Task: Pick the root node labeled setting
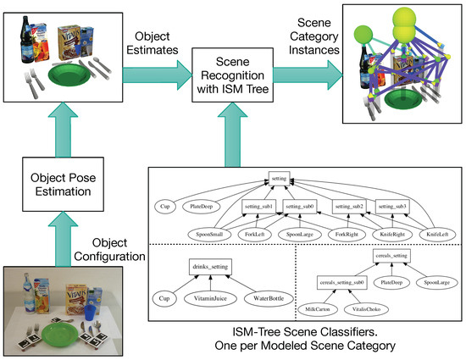coord(279,178)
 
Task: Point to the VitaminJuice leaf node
coord(211,299)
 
